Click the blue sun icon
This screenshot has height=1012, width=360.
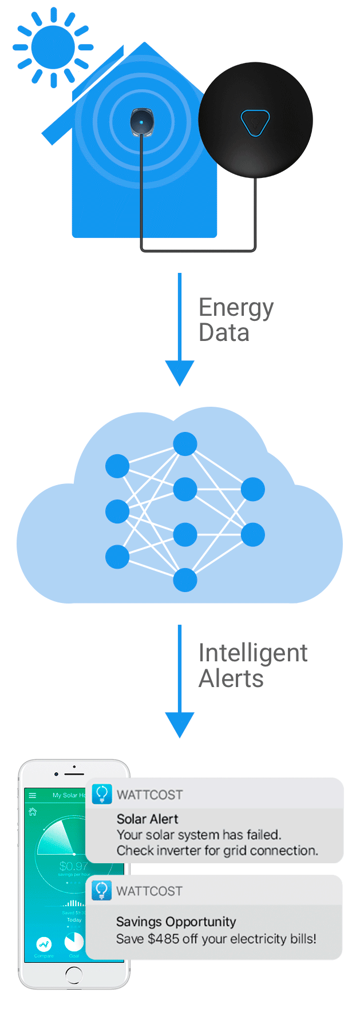pyautogui.click(x=53, y=47)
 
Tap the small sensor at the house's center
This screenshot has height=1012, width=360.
pyautogui.click(x=141, y=122)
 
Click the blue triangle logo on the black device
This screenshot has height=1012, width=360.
pyautogui.click(x=255, y=122)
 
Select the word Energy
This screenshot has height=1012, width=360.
pyautogui.click(x=236, y=309)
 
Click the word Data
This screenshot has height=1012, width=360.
pyautogui.click(x=224, y=333)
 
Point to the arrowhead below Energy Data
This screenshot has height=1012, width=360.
pyautogui.click(x=180, y=372)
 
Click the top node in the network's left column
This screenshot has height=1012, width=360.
pyautogui.click(x=117, y=466)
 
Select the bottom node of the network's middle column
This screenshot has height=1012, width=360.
pyautogui.click(x=185, y=580)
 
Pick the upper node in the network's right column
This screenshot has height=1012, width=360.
pyautogui.click(x=252, y=490)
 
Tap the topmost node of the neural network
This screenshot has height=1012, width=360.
pyautogui.click(x=185, y=444)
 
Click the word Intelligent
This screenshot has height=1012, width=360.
pyautogui.click(x=253, y=653)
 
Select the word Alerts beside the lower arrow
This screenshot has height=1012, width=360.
pyautogui.click(x=231, y=679)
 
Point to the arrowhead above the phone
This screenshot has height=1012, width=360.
pyautogui.click(x=180, y=724)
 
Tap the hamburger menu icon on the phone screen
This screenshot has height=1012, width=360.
pyautogui.click(x=33, y=795)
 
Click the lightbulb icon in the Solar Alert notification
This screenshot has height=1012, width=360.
pyautogui.click(x=102, y=794)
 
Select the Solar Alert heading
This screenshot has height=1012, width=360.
pyautogui.click(x=148, y=819)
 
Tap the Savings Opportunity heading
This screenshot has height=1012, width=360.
pyautogui.click(x=176, y=922)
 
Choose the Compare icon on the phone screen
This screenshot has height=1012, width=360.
pyautogui.click(x=43, y=944)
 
